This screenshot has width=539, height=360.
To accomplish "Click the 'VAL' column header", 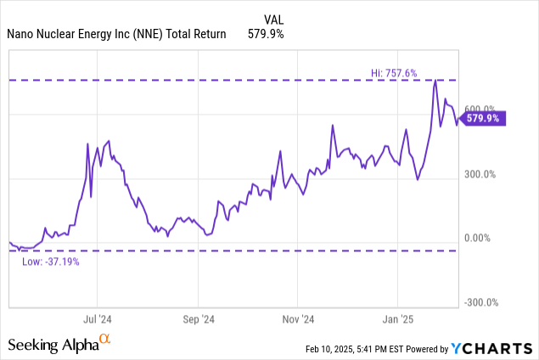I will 273,18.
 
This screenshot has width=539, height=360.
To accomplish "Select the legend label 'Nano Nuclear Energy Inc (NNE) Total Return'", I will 117,34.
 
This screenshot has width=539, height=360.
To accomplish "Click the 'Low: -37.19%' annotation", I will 50,261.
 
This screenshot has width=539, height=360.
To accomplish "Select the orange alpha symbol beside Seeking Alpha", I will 105,340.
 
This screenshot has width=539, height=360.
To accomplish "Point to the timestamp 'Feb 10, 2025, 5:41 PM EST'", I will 359,349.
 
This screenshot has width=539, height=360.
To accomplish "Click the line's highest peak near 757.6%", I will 435,82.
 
